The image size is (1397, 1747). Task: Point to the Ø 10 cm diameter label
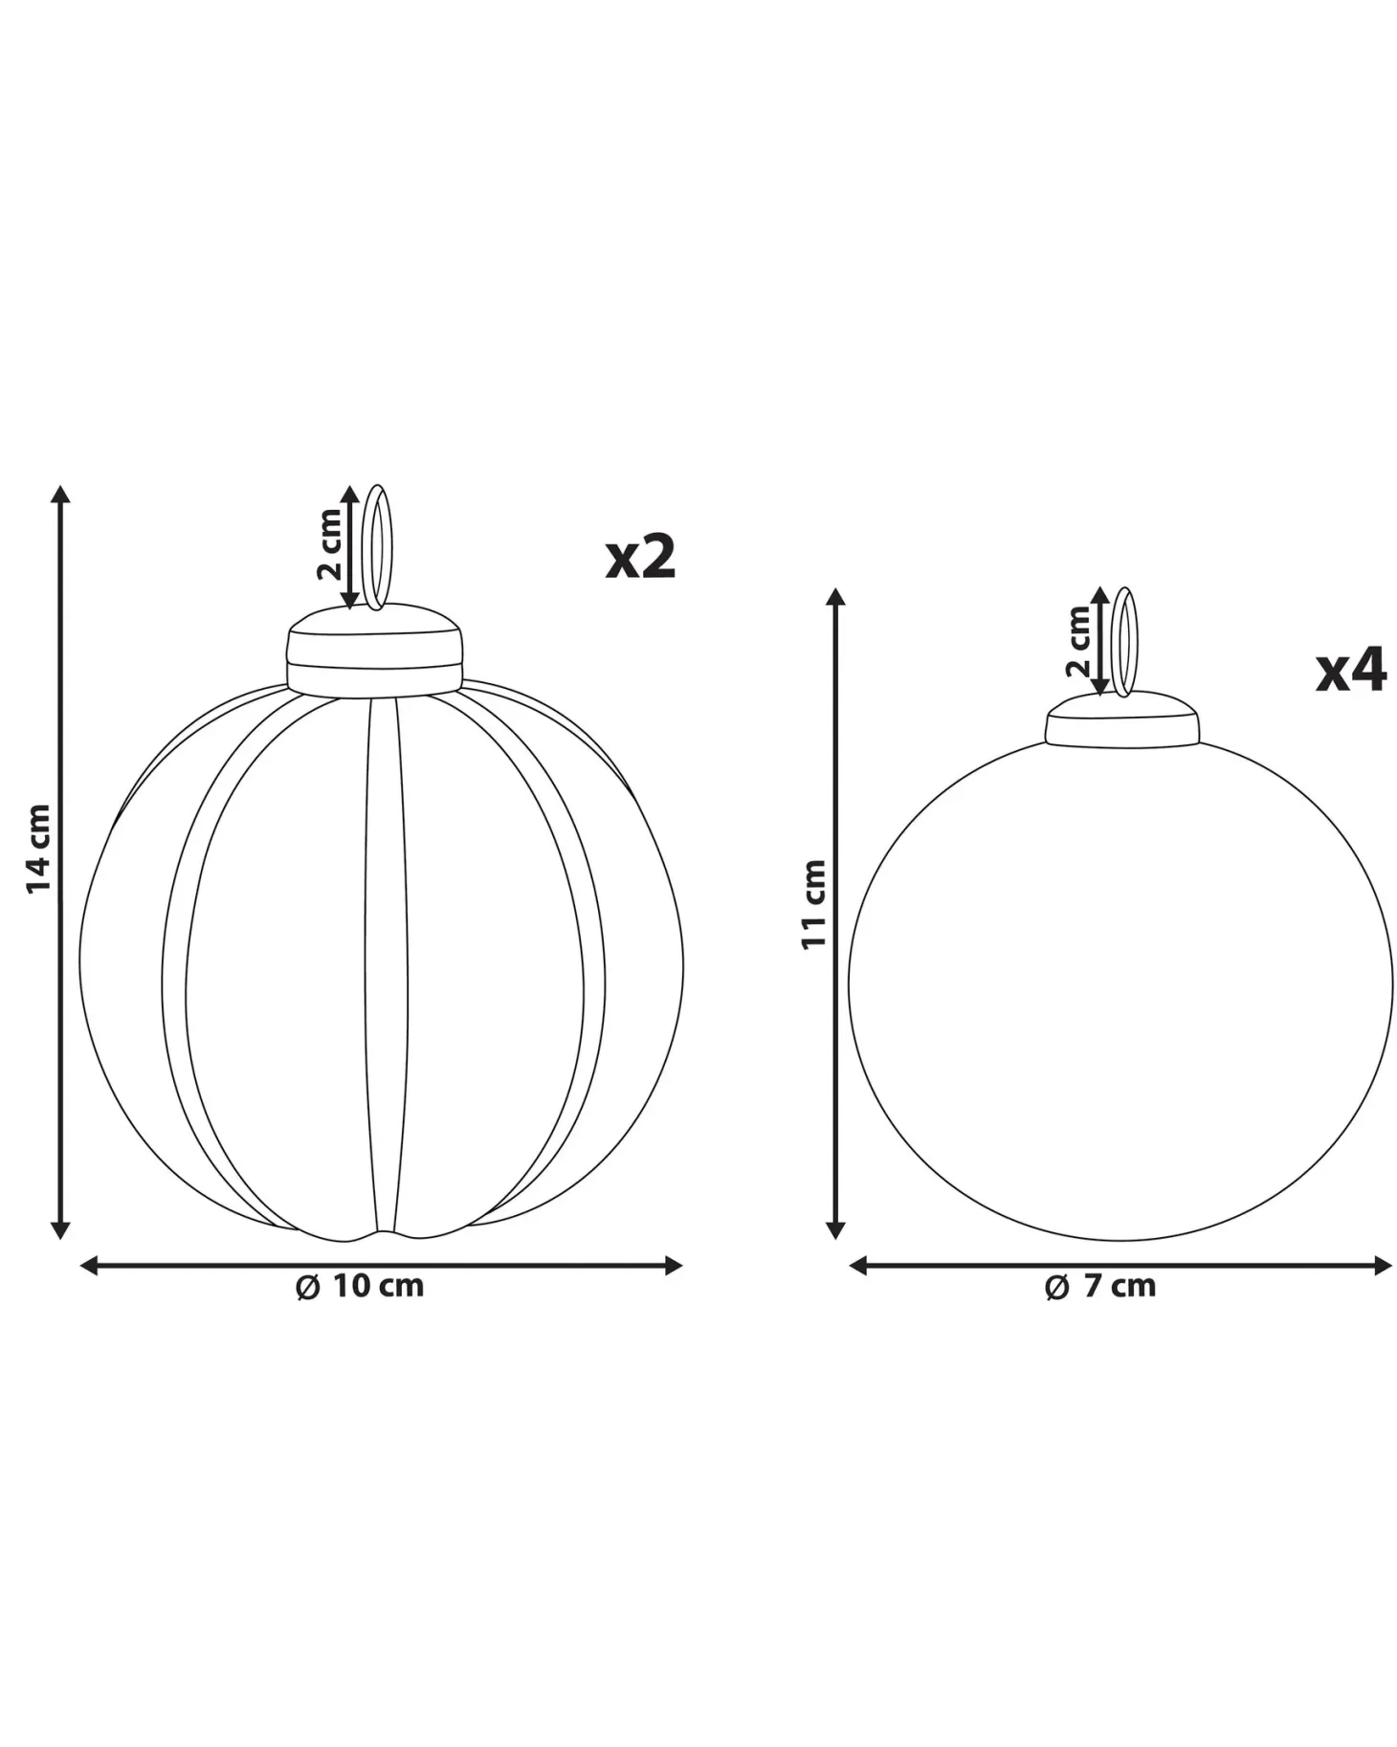[x=360, y=1286]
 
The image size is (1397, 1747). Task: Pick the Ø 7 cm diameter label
[x=1100, y=1286]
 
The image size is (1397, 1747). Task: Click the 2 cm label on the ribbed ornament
[x=329, y=544]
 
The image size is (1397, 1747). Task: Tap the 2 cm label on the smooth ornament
[x=1078, y=642]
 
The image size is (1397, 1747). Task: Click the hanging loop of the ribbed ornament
[x=380, y=547]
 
